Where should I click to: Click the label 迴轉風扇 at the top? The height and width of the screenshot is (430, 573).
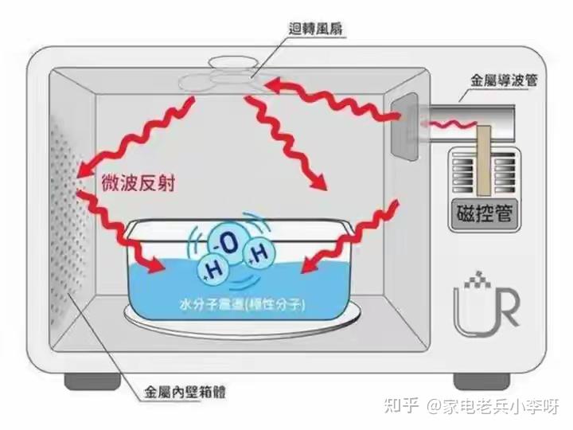pos(316,28)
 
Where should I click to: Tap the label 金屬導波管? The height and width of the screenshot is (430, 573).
pos(505,80)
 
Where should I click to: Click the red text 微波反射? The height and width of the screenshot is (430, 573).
pos(138,182)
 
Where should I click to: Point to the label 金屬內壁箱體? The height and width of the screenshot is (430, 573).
pos(185,393)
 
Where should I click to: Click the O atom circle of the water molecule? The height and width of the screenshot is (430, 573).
pos(227,244)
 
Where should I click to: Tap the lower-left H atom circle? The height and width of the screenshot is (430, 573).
pos(213,271)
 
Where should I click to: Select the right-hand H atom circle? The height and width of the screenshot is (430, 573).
pos(259,254)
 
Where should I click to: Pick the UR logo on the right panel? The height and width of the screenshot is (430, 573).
pos(486,304)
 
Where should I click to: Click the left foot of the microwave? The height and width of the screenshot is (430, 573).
pos(92,381)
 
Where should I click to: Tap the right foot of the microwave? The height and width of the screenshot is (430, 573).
pos(481,381)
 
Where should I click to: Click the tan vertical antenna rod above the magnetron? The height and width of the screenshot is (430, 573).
pos(484,160)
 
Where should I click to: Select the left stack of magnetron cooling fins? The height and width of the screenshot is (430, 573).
pos(463,172)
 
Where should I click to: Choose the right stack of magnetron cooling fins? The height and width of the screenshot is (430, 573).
pos(505,172)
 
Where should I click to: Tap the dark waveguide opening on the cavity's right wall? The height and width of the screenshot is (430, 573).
pos(404,127)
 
